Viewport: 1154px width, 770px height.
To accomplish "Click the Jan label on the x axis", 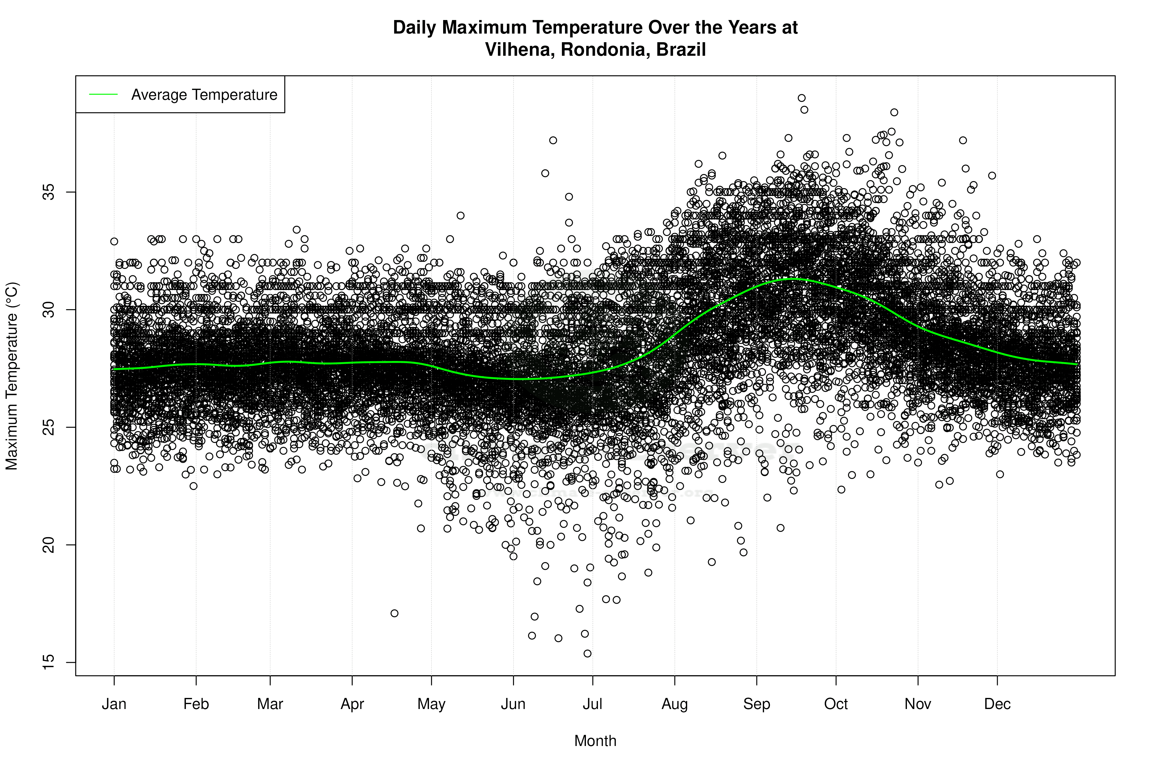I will (x=114, y=704).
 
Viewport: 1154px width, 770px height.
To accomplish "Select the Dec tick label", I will (x=997, y=704).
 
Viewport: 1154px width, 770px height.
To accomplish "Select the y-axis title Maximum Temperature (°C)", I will (x=12, y=376).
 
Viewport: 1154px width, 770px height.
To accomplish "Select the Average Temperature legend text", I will (x=204, y=95).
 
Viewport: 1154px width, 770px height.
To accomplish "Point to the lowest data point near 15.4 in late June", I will (x=587, y=654).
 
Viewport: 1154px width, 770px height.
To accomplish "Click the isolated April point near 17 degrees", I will (x=395, y=613).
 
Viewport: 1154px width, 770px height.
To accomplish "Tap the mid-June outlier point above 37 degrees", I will (x=553, y=140).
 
